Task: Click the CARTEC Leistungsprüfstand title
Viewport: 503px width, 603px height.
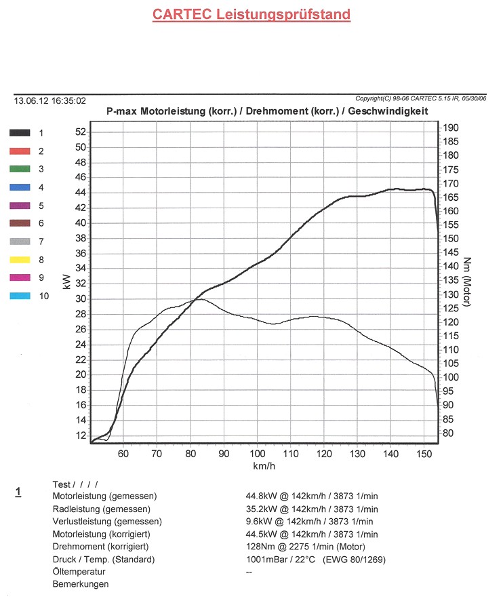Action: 251,14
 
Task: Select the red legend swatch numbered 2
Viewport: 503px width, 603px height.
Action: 20,151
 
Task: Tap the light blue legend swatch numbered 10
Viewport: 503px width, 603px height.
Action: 20,296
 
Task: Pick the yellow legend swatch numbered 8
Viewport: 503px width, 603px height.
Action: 20,259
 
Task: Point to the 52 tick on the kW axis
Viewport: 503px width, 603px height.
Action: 80,132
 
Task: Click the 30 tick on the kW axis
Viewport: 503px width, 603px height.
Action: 80,299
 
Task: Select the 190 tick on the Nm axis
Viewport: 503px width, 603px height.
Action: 451,128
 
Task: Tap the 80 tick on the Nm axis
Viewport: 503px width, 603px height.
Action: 449,433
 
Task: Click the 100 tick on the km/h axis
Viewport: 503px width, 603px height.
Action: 257,453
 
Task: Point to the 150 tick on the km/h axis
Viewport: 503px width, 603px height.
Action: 424,453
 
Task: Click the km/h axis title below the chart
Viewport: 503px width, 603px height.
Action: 264,466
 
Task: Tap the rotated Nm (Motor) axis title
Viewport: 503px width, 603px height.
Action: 468,281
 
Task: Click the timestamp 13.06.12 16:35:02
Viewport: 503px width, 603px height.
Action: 50,100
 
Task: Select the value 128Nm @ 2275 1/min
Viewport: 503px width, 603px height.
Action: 305,547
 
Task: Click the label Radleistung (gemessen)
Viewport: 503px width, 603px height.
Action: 102,509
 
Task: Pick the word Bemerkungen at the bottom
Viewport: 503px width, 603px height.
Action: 81,584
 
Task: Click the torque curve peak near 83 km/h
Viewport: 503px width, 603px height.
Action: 201,299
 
